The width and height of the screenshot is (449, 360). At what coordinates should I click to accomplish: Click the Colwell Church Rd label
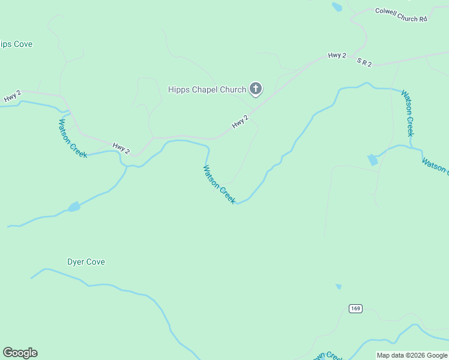pos(400,14)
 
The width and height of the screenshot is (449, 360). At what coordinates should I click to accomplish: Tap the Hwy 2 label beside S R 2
pos(337,56)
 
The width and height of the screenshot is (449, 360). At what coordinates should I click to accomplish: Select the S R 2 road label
pos(364,62)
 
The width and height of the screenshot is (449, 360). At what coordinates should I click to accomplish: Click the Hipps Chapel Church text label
pos(206,90)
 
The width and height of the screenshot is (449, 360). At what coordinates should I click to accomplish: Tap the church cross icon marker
pos(256,90)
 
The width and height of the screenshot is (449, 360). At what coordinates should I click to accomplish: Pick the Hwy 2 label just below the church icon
pos(240,122)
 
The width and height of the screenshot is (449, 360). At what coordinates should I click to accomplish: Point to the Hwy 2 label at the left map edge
pos(12,96)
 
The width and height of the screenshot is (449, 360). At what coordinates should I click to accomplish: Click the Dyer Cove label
pos(86,262)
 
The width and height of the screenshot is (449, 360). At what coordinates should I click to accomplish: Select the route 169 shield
pos(355,308)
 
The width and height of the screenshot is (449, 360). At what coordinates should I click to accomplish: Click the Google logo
pos(20,353)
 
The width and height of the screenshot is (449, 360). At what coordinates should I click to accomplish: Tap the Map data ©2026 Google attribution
pos(412,355)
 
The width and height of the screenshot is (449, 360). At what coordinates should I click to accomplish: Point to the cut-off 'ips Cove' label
pos(16,44)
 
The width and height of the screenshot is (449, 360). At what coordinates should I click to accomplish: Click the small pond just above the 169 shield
pos(339,287)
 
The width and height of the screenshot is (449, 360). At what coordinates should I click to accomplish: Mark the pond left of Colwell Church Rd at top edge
pos(337,7)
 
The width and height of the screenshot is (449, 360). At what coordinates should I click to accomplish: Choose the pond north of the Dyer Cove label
pos(74,207)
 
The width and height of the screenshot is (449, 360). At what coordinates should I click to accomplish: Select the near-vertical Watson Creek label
pos(408,113)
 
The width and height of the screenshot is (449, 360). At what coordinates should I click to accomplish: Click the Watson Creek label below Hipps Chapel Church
pos(219,185)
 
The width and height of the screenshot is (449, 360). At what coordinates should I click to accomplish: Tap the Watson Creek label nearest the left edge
pos(72,139)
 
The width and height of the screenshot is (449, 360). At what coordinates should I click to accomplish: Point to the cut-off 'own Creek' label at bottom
pos(327,356)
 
